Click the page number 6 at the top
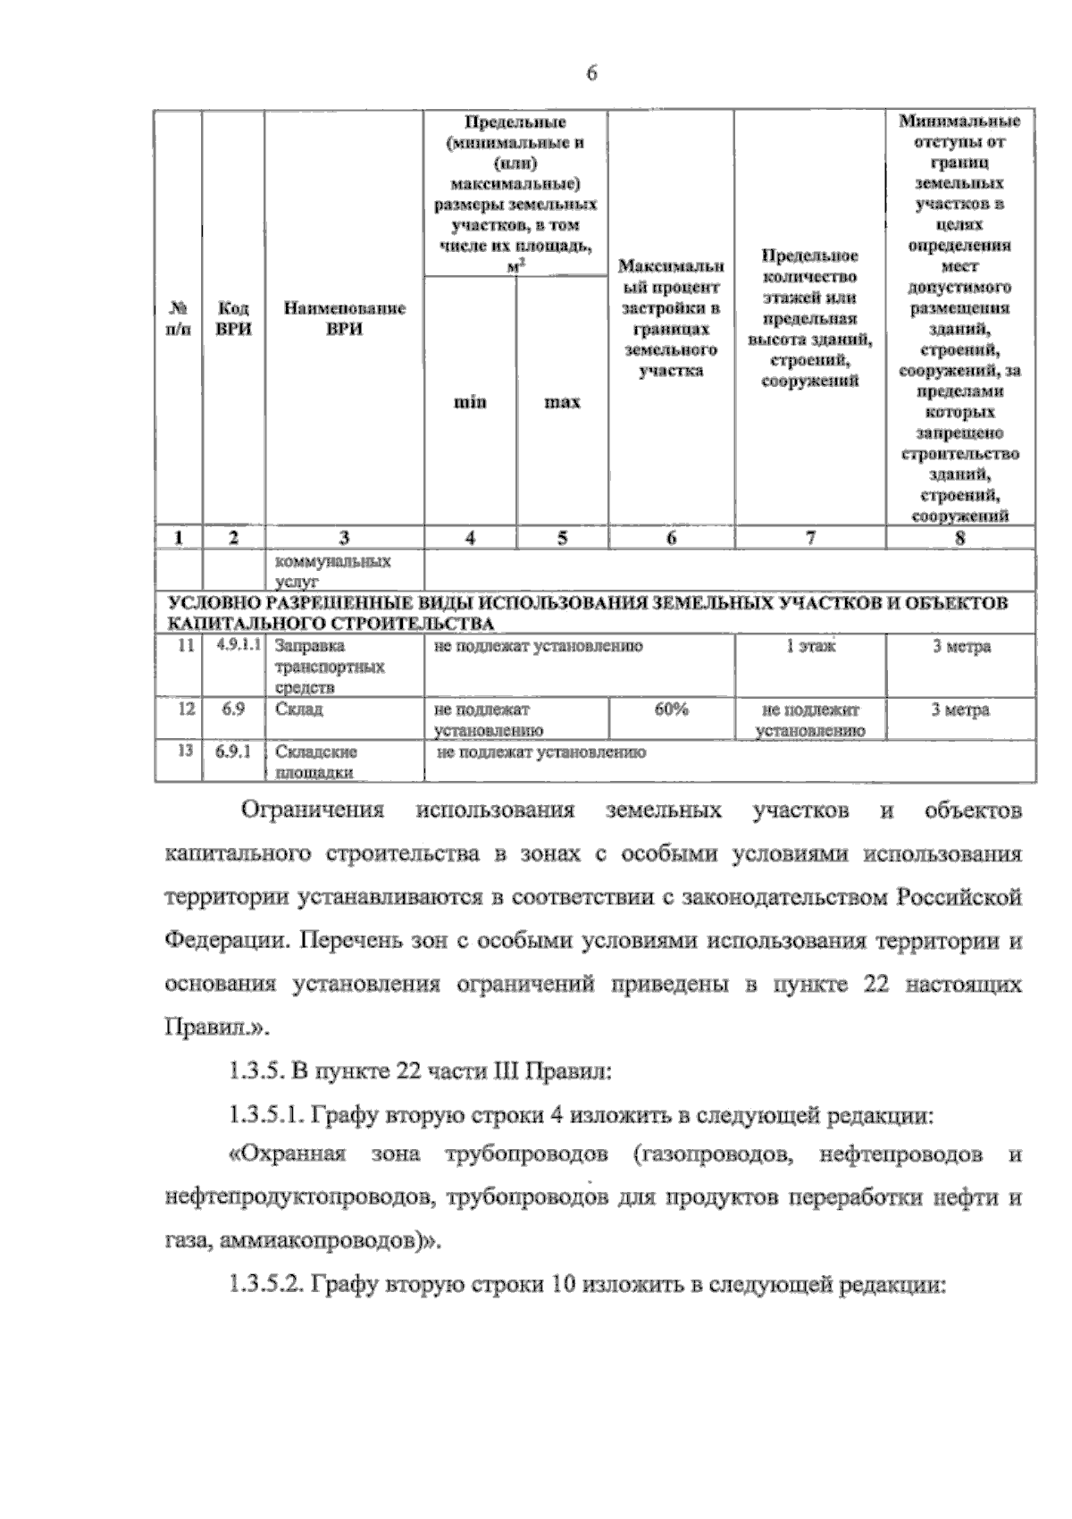point(591,75)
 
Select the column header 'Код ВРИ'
point(233,318)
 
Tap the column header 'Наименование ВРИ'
point(344,318)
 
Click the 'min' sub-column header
point(470,402)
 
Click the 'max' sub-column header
point(562,402)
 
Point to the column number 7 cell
point(809,537)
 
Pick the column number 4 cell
point(470,537)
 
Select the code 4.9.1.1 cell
point(233,645)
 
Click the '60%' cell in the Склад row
point(671,709)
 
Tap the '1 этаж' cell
point(809,646)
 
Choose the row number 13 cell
point(186,751)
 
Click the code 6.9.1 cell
point(233,751)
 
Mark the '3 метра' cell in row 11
point(961,647)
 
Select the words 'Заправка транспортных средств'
point(330,667)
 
